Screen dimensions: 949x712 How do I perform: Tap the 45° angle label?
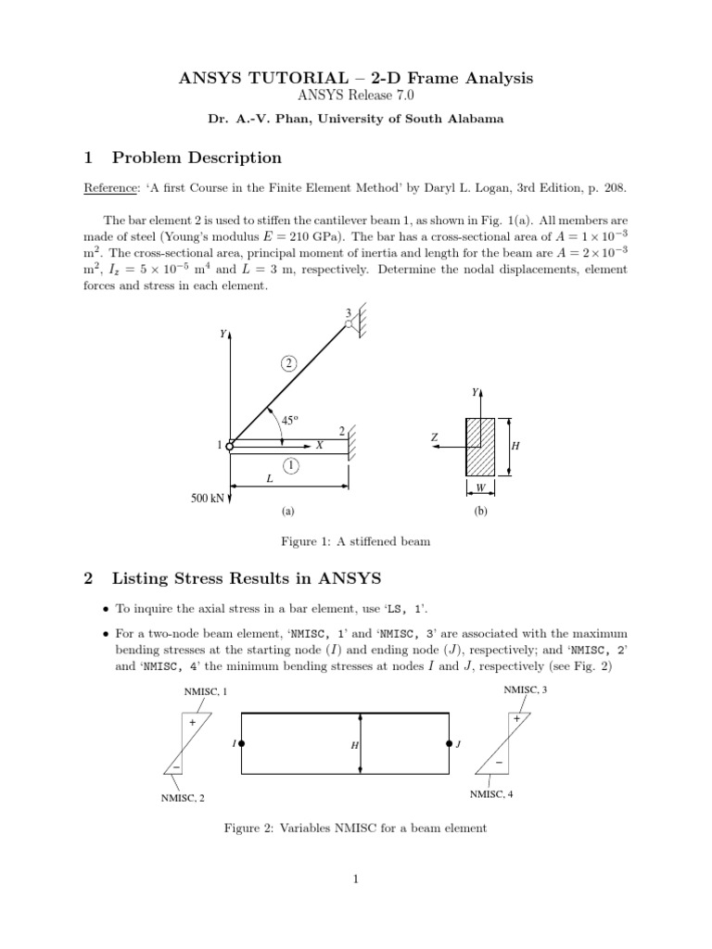(x=290, y=420)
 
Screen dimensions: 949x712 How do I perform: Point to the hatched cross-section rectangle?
(x=482, y=447)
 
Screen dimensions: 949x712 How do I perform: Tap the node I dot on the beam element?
(x=241, y=743)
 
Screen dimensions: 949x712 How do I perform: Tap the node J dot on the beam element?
(x=450, y=743)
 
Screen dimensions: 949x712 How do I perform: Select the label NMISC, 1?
(x=205, y=692)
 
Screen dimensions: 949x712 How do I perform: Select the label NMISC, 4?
(x=491, y=794)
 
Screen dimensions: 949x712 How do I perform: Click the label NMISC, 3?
(x=526, y=690)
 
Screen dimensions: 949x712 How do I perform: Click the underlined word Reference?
(x=108, y=188)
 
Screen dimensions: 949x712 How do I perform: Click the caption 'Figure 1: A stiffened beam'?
(x=356, y=541)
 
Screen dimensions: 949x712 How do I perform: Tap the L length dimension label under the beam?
(x=270, y=478)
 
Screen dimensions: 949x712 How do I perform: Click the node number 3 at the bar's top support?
(x=348, y=312)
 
